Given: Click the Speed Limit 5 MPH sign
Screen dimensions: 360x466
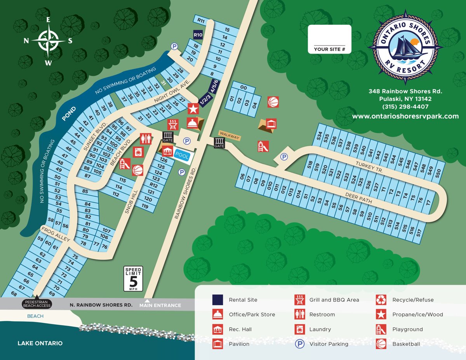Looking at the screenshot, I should (x=133, y=279).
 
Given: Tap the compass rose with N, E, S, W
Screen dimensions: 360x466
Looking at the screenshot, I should (x=49, y=41).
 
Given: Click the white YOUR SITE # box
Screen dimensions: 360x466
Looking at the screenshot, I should (x=329, y=39).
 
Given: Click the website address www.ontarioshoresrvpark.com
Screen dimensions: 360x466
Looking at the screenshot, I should (x=405, y=116).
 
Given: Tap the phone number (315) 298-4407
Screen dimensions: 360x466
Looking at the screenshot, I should (x=405, y=107).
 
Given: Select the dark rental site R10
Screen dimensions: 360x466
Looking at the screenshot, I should (x=198, y=35).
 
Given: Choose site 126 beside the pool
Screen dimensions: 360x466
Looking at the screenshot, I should (x=163, y=160).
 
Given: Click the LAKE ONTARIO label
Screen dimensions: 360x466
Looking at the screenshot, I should (x=40, y=343).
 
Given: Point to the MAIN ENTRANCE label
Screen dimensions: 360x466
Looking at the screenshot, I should (x=160, y=305).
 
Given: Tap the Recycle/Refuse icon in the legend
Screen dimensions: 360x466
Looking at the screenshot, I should (x=381, y=299).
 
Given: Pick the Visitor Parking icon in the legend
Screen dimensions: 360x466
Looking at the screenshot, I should (x=299, y=344).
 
